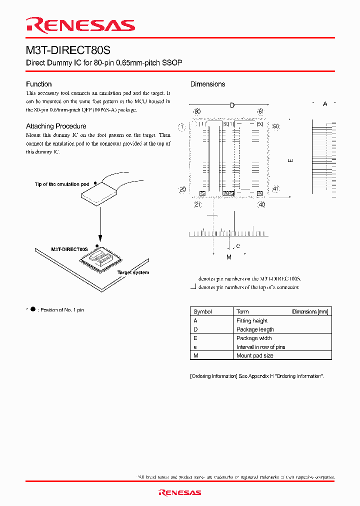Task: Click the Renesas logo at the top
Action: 80,25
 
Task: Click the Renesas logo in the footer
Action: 179,492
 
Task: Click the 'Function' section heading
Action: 39,84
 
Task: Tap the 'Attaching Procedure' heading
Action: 56,126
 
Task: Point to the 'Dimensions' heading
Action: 207,84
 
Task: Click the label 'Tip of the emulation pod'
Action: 62,184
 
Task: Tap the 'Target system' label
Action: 133,272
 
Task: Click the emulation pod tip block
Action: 105,193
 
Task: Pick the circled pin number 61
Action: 260,111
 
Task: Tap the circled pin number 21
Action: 197,204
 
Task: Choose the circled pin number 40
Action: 261,204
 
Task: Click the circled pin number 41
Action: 275,188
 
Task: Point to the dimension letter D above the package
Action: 232,105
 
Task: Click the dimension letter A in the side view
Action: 325,103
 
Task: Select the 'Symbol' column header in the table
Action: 202,311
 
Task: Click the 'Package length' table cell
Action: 255,329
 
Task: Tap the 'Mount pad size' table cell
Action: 254,355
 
